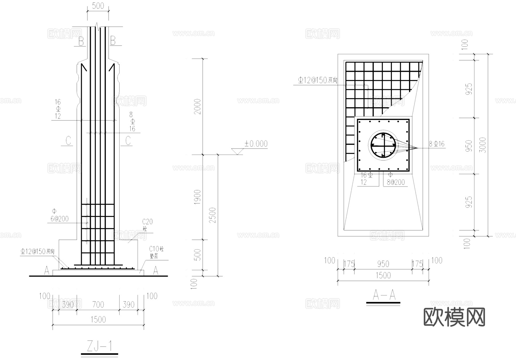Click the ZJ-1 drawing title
pos(99,347)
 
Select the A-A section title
pos(384,295)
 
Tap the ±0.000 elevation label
pos(256,144)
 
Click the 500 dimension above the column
pos(98,6)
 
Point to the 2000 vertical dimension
pos(198,106)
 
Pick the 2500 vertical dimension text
pos(212,215)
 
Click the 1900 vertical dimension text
pos(198,197)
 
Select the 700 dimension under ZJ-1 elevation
pos(98,305)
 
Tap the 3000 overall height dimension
pos(483,145)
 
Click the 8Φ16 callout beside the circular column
pos(437,144)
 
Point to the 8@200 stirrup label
pos(396,182)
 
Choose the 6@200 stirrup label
pos(60,219)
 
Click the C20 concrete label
pos(147,222)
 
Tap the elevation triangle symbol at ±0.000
pos(237,151)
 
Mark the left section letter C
pos(68,141)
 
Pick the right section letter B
pos(113,41)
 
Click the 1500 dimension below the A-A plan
pos(383,275)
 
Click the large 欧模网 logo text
pos(454,317)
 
